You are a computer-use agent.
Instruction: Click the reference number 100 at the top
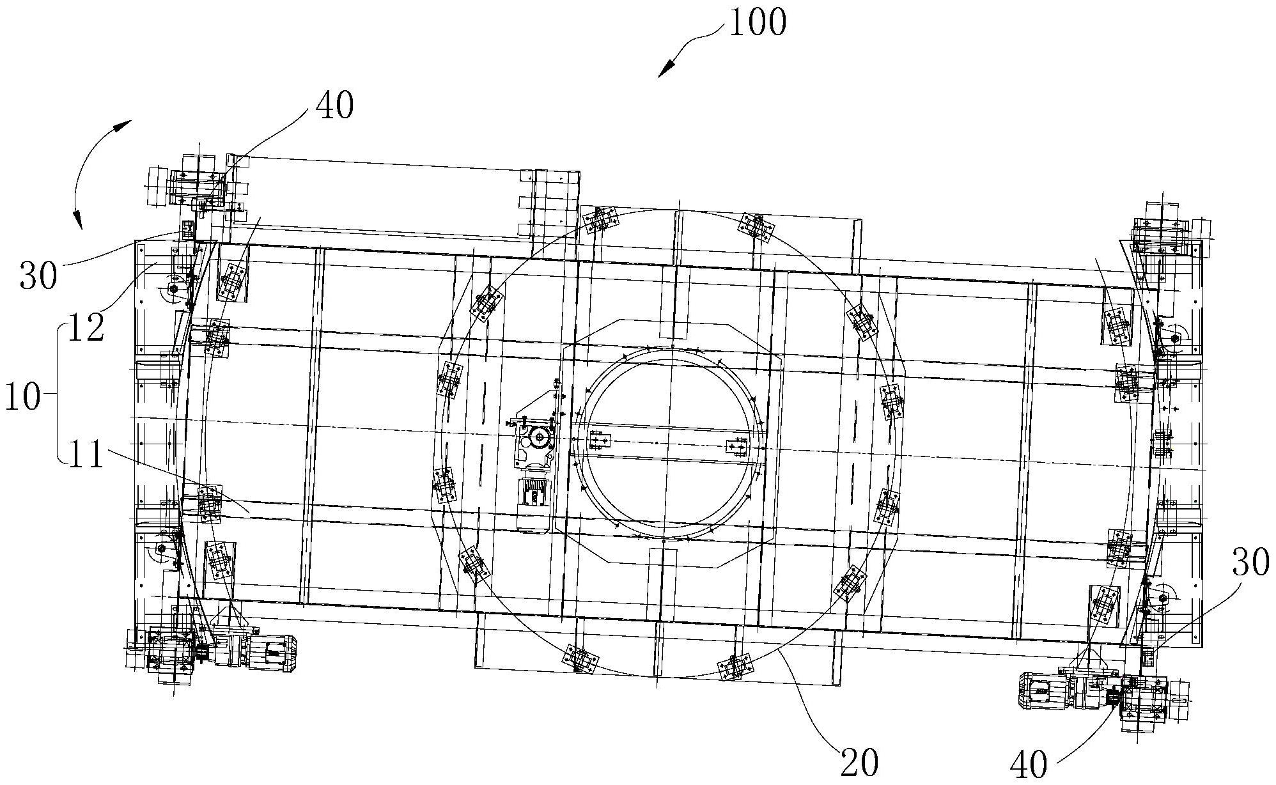[x=758, y=23]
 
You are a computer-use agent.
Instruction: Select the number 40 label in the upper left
[x=334, y=105]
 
